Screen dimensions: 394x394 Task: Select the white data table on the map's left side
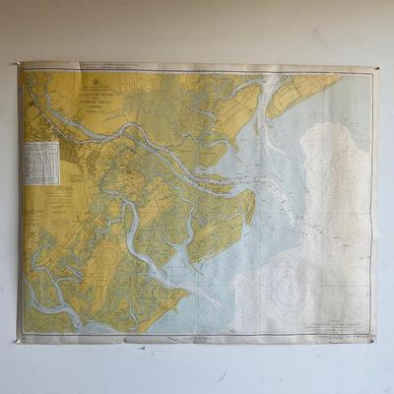(41, 163)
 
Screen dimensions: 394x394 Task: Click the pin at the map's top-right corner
(374, 69)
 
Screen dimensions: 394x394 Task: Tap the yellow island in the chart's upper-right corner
(300, 95)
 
